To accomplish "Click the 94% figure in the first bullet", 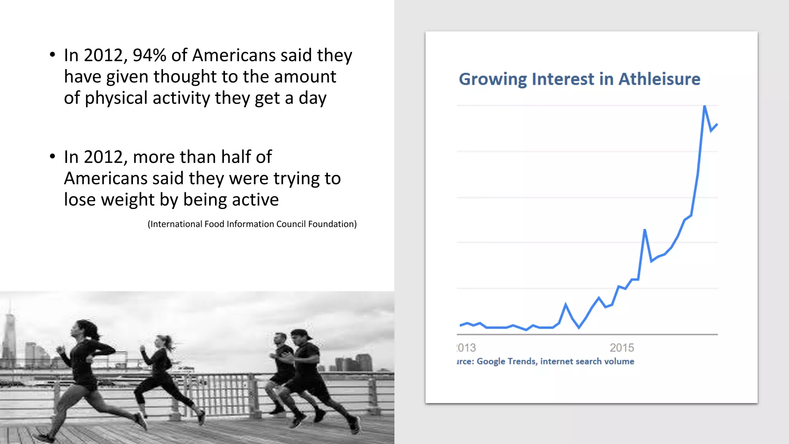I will pyautogui.click(x=149, y=55).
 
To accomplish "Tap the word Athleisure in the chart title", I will pyautogui.click(x=659, y=79).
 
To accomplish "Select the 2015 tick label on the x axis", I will pyautogui.click(x=621, y=348).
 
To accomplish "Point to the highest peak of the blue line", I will pyautogui.click(x=705, y=107).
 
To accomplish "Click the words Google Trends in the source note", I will pyautogui.click(x=506, y=362).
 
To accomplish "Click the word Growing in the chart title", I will pyautogui.click(x=493, y=79).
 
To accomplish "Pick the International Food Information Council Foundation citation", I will pyautogui.click(x=252, y=224).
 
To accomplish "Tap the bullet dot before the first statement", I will pyautogui.click(x=52, y=55).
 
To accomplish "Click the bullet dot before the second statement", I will pyautogui.click(x=52, y=156).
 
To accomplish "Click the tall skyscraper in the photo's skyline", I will pyautogui.click(x=9, y=335).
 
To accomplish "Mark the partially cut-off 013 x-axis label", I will pyautogui.click(x=467, y=348).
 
